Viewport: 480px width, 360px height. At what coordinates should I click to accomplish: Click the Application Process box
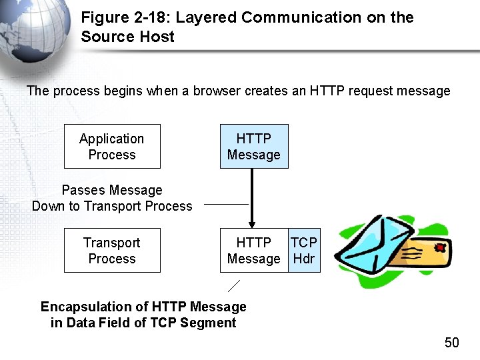click(x=112, y=146)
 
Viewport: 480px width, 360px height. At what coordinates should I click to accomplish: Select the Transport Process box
click(x=112, y=250)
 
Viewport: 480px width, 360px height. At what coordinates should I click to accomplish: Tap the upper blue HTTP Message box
click(x=253, y=146)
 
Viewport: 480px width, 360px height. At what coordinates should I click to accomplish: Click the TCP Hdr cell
click(x=304, y=250)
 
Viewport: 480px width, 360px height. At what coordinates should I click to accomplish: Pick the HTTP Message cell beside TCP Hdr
click(x=253, y=250)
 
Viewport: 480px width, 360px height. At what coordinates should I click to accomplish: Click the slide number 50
click(x=452, y=343)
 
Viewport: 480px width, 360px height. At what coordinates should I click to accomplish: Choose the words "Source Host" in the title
click(x=127, y=37)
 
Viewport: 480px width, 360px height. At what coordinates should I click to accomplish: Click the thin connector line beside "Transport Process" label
click(x=226, y=204)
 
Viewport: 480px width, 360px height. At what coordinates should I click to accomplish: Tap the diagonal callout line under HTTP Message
click(x=233, y=286)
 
